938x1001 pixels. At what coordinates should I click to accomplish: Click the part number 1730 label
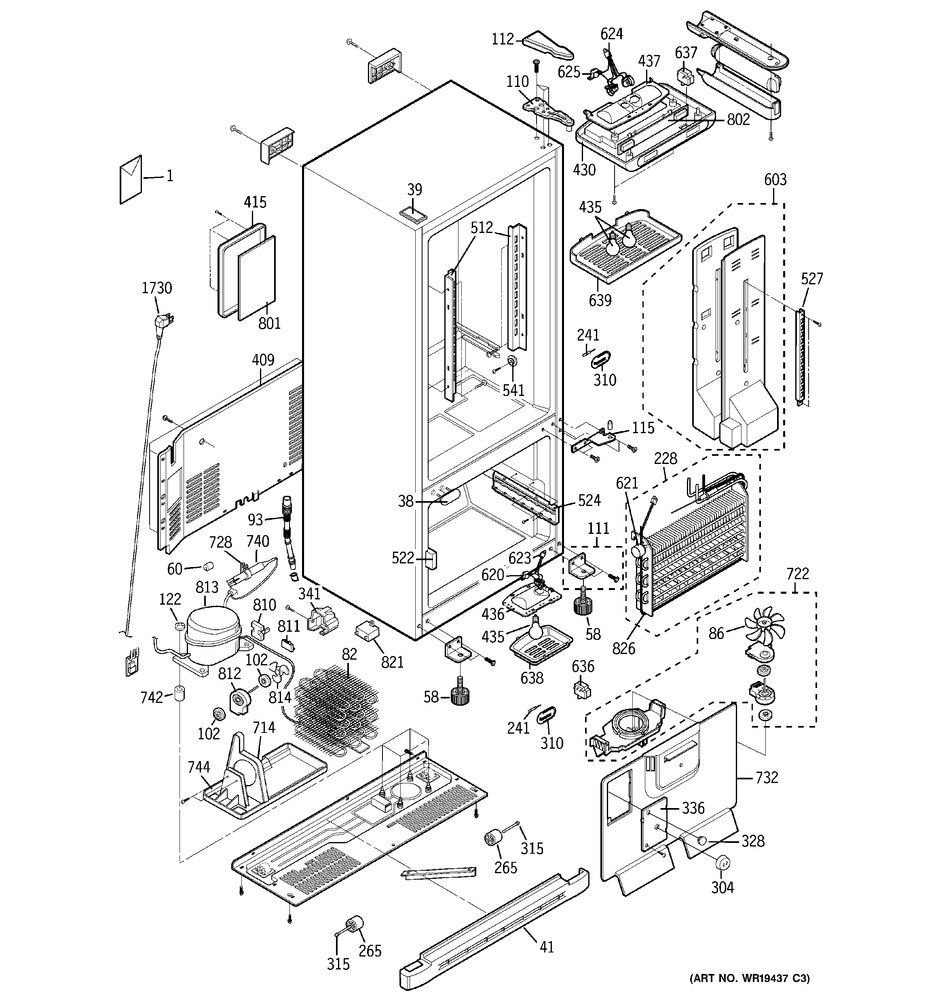pos(156,288)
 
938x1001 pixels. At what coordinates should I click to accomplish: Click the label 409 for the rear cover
pos(263,360)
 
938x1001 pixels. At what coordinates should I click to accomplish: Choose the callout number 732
pos(766,777)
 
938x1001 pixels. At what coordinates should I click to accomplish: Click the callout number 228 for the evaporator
pos(665,458)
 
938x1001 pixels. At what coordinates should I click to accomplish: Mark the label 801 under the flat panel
pos(269,323)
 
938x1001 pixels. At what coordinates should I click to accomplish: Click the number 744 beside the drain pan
pos(199,767)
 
